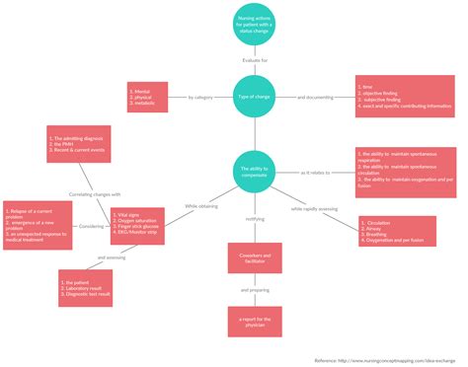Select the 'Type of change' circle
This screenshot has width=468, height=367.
[x=254, y=97]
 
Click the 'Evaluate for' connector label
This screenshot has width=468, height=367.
[x=254, y=61]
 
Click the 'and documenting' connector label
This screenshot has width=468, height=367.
[x=315, y=97]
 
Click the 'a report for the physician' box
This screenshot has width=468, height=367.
[x=254, y=322]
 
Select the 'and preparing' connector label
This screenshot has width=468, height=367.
[x=254, y=290]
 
